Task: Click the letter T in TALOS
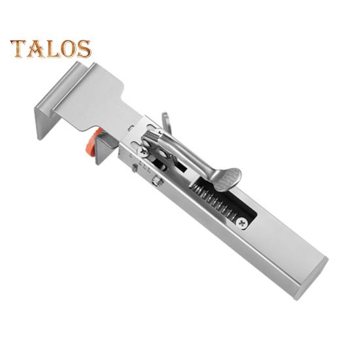pyautogui.click(x=18, y=48)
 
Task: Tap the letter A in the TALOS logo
pyautogui.click(x=35, y=48)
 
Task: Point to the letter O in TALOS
pyautogui.click(x=69, y=48)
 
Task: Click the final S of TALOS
pyautogui.click(x=84, y=48)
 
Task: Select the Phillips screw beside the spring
pyautogui.click(x=242, y=223)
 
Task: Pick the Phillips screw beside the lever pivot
pyautogui.click(x=143, y=151)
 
